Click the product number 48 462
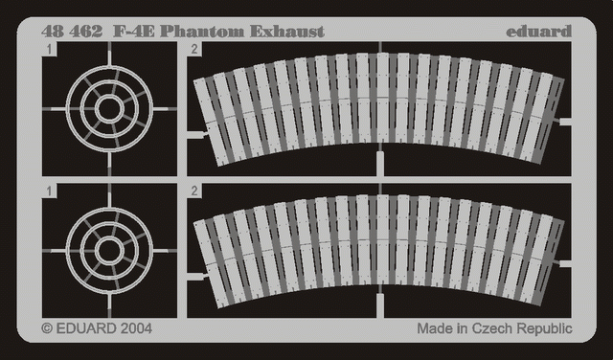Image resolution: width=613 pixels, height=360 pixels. tap(72, 32)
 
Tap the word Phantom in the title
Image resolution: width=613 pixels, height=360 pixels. tap(202, 32)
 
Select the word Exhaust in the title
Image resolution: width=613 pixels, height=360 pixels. tap(287, 32)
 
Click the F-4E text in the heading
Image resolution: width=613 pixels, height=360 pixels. tap(134, 32)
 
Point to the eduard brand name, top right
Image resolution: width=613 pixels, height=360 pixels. tap(538, 31)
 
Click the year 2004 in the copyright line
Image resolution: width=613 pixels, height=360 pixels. tap(136, 328)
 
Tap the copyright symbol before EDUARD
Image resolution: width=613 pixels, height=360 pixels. tap(47, 328)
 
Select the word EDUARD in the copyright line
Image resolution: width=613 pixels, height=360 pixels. tap(86, 328)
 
